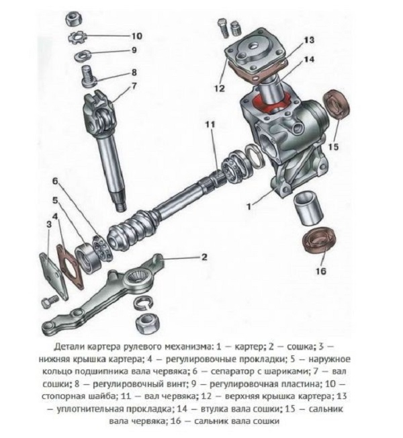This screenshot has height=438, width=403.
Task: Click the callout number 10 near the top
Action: [x=136, y=36]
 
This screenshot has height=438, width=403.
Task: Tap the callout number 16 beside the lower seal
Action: [x=320, y=271]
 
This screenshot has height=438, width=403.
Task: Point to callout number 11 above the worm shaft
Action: [x=210, y=125]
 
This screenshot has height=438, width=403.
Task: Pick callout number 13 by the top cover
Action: [x=308, y=40]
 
